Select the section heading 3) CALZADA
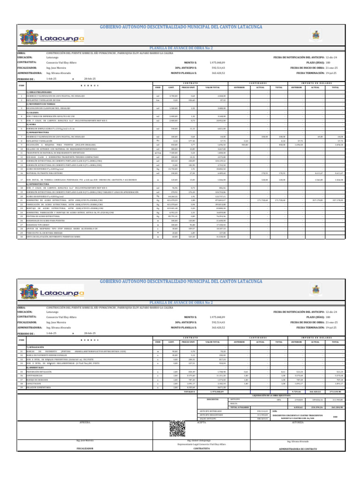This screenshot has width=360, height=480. coord(32,112)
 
